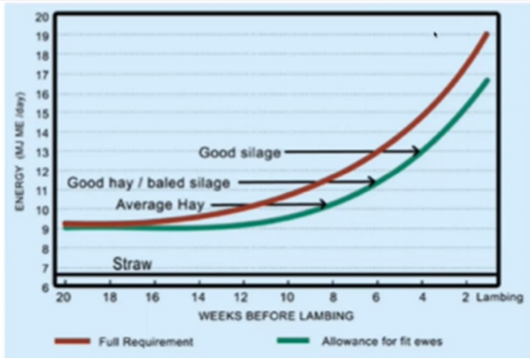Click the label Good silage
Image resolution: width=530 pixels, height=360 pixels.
point(240,152)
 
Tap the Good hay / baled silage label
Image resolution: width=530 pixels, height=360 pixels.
point(148,183)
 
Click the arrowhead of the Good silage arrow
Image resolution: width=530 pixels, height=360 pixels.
point(417,151)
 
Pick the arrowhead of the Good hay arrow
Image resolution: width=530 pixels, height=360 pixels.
point(372,183)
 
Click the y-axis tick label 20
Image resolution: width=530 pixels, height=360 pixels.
point(42,17)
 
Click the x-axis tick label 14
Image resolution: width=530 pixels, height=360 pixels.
point(198,298)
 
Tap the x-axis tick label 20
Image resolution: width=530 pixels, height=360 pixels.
point(64,298)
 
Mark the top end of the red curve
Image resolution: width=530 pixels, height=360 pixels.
point(487,34)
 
